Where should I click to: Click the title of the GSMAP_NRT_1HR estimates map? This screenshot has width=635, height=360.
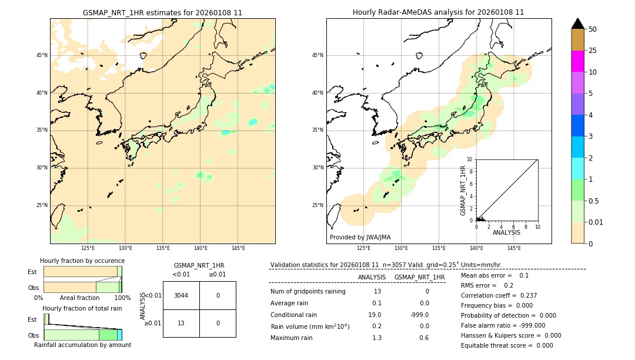click(162, 12)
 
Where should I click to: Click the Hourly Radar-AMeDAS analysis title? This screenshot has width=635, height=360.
click(438, 12)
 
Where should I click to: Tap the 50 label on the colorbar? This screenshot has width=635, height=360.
click(593, 29)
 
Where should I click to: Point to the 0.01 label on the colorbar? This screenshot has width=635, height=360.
click(596, 222)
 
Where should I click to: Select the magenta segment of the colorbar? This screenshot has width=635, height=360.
click(577, 61)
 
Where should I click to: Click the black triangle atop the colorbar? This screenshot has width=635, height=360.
click(577, 24)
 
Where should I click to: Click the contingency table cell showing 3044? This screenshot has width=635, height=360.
click(181, 295)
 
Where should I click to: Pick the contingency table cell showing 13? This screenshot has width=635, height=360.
click(181, 323)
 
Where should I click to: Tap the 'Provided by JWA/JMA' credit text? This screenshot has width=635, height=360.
click(360, 237)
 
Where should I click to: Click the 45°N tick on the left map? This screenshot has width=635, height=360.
click(42, 55)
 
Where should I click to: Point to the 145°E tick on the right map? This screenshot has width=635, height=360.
click(514, 248)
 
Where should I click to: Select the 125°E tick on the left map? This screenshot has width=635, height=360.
click(88, 248)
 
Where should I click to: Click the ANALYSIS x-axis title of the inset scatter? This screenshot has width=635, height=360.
click(506, 232)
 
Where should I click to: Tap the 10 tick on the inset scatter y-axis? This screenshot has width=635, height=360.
click(470, 159)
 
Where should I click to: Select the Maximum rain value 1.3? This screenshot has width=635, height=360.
click(376, 338)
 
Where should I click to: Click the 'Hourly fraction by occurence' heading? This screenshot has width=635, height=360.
click(82, 261)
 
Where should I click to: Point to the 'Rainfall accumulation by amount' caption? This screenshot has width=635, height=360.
click(82, 345)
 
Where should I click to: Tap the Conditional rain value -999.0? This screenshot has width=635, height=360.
click(419, 315)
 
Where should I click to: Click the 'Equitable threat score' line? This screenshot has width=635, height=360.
click(507, 345)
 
